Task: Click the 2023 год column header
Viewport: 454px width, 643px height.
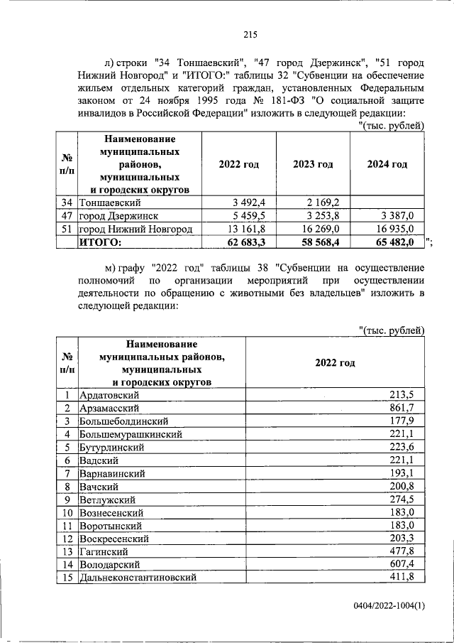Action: click(x=312, y=164)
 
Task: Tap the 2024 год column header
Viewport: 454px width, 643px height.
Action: click(x=387, y=164)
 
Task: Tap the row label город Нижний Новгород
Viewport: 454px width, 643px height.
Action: click(x=135, y=228)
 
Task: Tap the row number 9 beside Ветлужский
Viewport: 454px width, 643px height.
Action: click(x=66, y=499)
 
